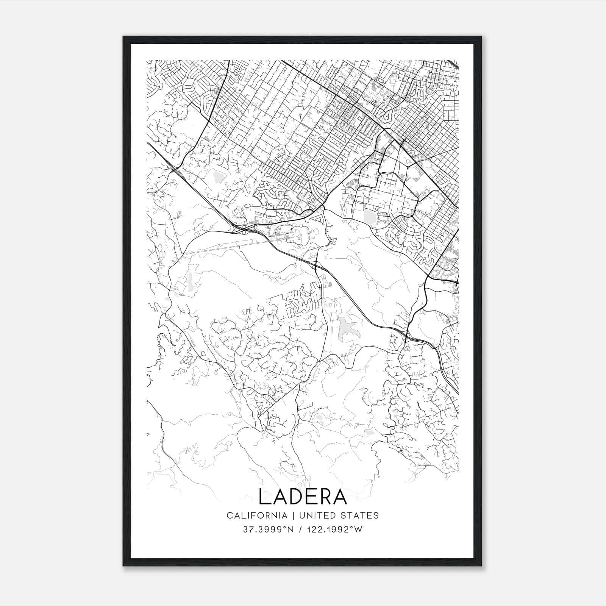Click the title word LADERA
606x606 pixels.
303,497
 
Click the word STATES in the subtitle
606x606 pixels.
361,515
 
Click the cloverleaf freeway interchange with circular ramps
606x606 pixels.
241,228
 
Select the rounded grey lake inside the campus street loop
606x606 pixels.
368,216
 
